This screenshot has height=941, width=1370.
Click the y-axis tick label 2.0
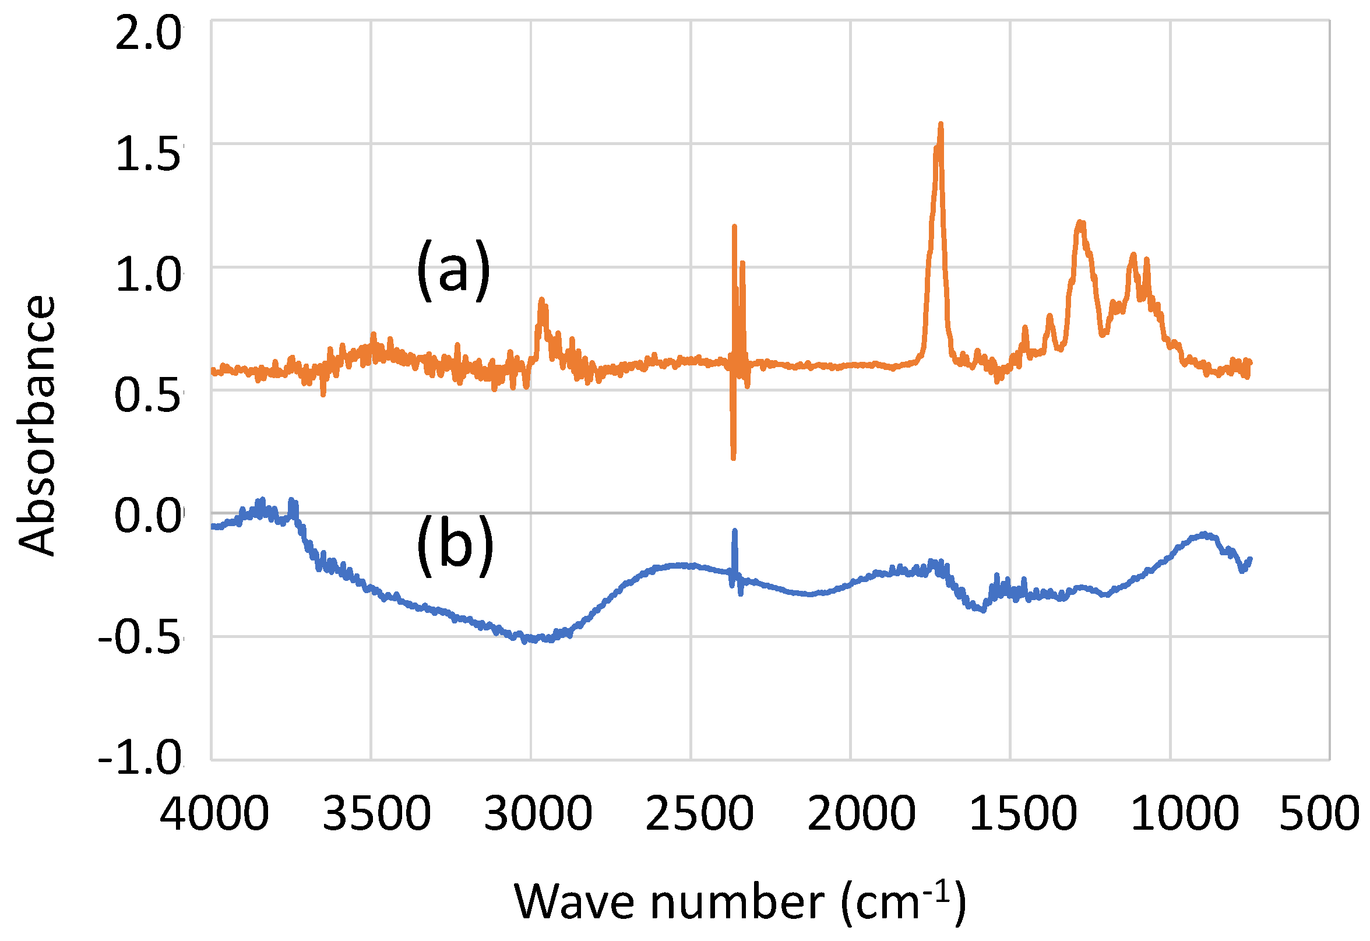tap(148, 33)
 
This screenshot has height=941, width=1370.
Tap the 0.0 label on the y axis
tap(148, 516)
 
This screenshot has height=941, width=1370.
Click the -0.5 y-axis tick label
tap(140, 638)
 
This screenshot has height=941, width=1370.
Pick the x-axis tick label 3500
tap(376, 814)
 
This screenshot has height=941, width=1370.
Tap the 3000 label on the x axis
tap(538, 814)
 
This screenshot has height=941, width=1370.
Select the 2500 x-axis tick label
tap(699, 814)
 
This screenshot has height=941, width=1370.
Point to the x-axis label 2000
tap(861, 814)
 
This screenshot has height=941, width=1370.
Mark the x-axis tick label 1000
tap(1184, 814)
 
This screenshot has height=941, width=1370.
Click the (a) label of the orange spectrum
tap(453, 270)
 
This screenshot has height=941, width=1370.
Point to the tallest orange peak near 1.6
tap(941, 125)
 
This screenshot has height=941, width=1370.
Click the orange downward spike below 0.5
tap(733, 457)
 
